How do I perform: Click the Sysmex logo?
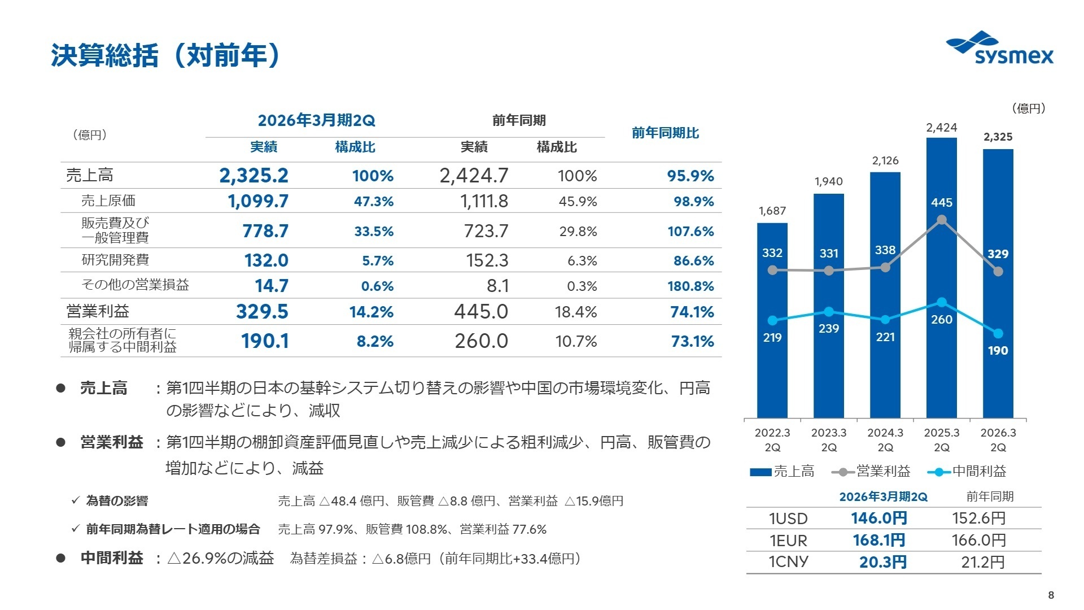pyautogui.click(x=999, y=50)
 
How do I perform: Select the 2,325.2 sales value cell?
pyautogui.click(x=253, y=176)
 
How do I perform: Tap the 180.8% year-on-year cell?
pyautogui.click(x=690, y=286)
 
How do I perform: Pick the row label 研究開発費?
pyautogui.click(x=115, y=260)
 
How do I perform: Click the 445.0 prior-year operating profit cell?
pyautogui.click(x=481, y=312)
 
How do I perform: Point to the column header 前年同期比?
pyautogui.click(x=665, y=133)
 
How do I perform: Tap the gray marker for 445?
pyautogui.click(x=941, y=220)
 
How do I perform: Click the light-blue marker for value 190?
pyautogui.click(x=998, y=334)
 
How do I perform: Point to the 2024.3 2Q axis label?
pyautogui.click(x=885, y=440)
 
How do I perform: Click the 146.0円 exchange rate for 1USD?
pyautogui.click(x=878, y=518)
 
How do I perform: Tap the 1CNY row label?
pyautogui.click(x=788, y=562)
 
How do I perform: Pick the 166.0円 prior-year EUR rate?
pyautogui.click(x=978, y=540)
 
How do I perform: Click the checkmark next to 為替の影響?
pyautogui.click(x=75, y=500)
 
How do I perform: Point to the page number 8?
pyautogui.click(x=1051, y=595)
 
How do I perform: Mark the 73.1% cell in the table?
pyautogui.click(x=692, y=342)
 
